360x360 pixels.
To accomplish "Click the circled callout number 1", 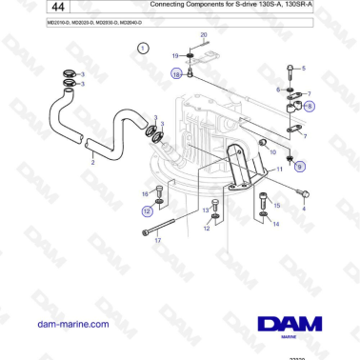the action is (x=143, y=48).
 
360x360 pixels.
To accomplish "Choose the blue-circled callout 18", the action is (x=176, y=72).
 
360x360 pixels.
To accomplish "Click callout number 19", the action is (x=175, y=57).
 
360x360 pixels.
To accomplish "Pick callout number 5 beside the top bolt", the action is (x=304, y=70).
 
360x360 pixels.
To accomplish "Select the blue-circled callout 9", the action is (x=300, y=167).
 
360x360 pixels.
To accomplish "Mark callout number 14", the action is (x=276, y=226).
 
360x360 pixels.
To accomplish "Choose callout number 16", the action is (x=144, y=193).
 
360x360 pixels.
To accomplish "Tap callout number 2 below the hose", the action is (x=91, y=163).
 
